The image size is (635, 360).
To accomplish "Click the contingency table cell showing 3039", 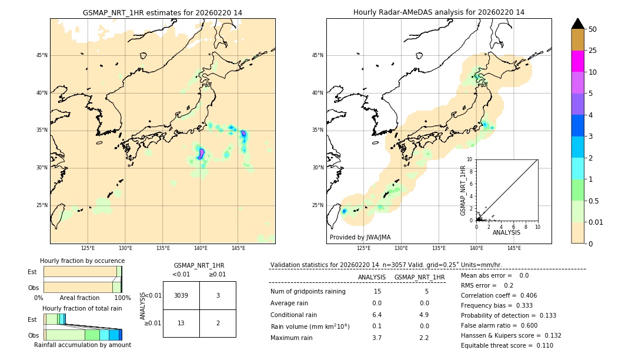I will (x=181, y=295).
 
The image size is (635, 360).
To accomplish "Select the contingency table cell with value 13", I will (x=181, y=323).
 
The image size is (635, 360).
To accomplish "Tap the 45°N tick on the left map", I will (x=42, y=55).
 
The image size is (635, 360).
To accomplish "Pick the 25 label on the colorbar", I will (x=593, y=51).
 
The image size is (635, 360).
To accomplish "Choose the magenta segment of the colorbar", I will (x=578, y=61).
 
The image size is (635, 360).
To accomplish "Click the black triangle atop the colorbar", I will (x=578, y=24).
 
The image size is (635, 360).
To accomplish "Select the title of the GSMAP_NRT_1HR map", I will (x=162, y=12).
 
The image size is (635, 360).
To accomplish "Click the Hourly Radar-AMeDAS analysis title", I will (x=439, y=12).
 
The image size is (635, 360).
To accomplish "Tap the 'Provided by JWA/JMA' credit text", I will (x=360, y=237).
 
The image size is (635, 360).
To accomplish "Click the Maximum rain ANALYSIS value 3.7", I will (x=377, y=338).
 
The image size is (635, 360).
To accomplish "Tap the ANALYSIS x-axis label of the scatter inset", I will (x=506, y=232).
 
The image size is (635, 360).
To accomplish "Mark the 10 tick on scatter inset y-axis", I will (x=470, y=159).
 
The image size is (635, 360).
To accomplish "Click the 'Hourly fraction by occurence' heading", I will (x=82, y=261).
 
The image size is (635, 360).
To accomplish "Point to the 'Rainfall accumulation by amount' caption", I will (x=82, y=345).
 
